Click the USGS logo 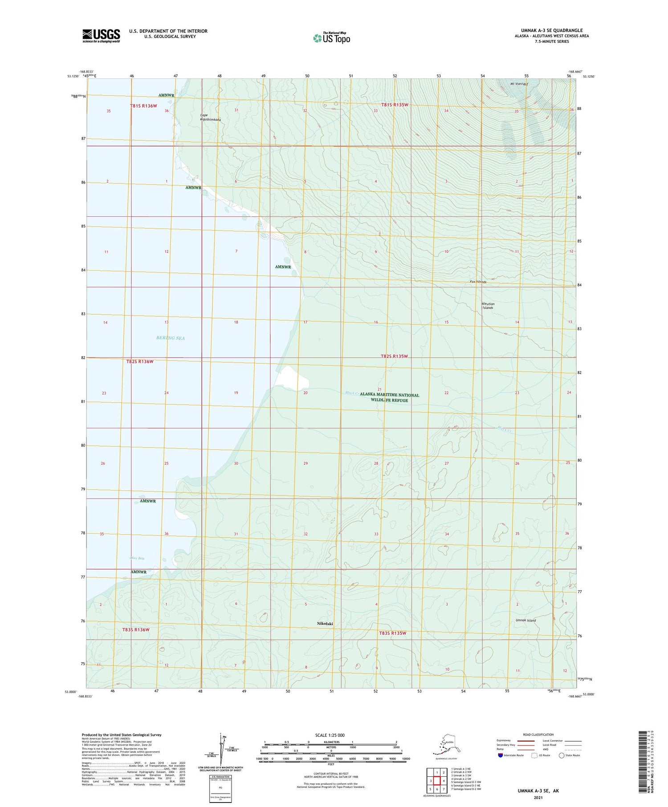pyautogui.click(x=101, y=36)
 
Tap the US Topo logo pyautogui.click(x=331, y=38)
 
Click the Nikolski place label pyautogui.click(x=325, y=624)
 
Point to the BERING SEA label pyautogui.click(x=170, y=338)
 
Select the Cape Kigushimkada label pyautogui.click(x=210, y=118)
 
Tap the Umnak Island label pyautogui.click(x=525, y=620)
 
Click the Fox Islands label pyautogui.click(x=478, y=282)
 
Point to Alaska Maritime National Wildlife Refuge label pyautogui.click(x=389, y=397)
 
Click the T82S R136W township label pyautogui.click(x=140, y=361)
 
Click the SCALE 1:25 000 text pyautogui.click(x=330, y=735)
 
